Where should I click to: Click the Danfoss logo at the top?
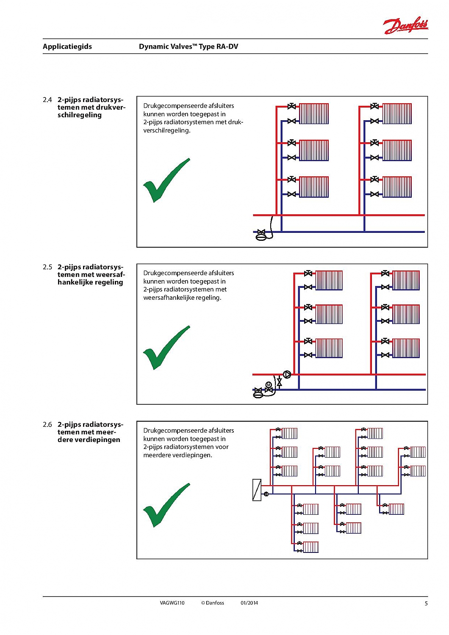(x=405, y=26)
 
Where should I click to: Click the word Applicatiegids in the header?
(x=67, y=47)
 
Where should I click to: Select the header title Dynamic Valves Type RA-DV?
(x=188, y=47)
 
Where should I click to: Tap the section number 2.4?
(x=47, y=100)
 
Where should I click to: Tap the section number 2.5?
(x=47, y=267)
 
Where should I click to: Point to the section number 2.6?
(x=47, y=425)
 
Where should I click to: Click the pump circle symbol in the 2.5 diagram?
(x=287, y=374)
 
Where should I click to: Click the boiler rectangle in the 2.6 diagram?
(x=257, y=490)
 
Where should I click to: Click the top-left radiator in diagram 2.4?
(x=314, y=113)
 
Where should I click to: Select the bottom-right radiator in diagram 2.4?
(x=397, y=187)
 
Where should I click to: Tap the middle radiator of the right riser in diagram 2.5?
(x=406, y=314)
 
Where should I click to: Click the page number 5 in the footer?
(x=426, y=603)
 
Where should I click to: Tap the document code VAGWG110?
(x=172, y=603)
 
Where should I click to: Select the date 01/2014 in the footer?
(x=249, y=603)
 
